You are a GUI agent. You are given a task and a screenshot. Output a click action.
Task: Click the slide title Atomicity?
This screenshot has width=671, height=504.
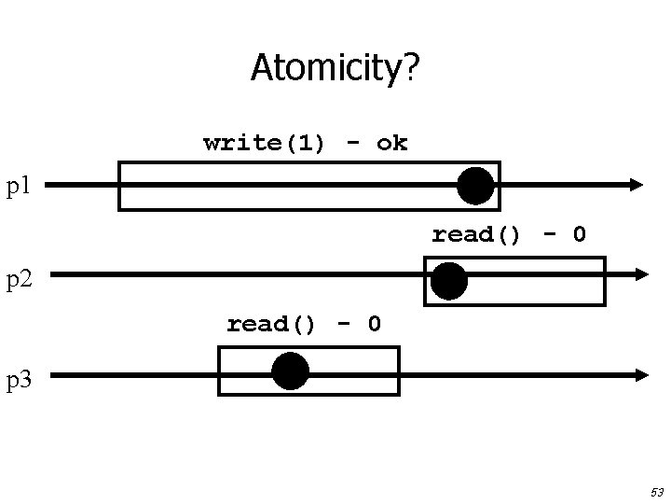335,67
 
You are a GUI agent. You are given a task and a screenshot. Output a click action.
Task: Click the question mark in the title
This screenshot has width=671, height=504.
411,67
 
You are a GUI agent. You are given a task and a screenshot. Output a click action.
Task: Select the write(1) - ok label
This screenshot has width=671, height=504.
305,143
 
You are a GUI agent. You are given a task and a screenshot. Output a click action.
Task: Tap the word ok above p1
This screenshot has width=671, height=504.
391,143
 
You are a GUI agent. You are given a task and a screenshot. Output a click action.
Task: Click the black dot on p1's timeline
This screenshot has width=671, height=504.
475,186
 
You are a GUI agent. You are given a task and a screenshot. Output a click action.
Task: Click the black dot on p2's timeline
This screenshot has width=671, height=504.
449,281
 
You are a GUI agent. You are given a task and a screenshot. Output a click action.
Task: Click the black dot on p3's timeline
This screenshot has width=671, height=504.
290,371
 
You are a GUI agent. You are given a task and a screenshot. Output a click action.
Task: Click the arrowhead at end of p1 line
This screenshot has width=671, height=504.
637,185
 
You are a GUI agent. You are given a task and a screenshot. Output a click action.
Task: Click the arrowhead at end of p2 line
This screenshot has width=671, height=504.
640,274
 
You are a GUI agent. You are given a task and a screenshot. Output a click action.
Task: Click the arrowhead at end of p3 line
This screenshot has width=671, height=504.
641,374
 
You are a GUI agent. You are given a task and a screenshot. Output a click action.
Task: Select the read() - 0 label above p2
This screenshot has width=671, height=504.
508,234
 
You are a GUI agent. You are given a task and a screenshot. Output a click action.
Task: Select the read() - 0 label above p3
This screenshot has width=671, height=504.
304,324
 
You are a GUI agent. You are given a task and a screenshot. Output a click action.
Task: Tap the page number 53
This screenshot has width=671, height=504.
656,491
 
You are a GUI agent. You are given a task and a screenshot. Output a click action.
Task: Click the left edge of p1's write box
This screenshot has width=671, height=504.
119,186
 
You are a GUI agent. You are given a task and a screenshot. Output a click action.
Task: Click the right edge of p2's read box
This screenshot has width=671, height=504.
605,281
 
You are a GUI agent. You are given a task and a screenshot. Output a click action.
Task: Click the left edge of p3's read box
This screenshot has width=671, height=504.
219,371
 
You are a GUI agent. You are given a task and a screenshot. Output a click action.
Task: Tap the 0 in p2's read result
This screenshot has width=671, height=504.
579,234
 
